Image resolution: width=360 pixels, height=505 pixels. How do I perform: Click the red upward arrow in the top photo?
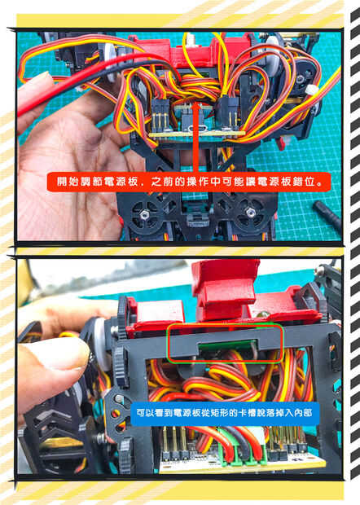coord(196,138)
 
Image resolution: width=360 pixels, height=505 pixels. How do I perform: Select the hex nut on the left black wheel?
coord(145,213)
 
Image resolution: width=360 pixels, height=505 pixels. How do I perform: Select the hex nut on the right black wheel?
coord(249,212)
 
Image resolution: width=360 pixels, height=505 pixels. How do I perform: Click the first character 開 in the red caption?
coord(63,182)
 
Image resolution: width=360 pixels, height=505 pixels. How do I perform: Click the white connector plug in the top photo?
coord(311,90)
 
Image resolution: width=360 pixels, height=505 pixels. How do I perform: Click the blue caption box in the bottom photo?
coord(225,413)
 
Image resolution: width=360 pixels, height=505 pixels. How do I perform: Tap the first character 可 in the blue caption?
coord(141,413)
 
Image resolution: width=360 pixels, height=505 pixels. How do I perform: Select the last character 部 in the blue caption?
coord(308,413)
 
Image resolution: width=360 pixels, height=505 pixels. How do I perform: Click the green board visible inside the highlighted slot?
coord(227,345)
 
